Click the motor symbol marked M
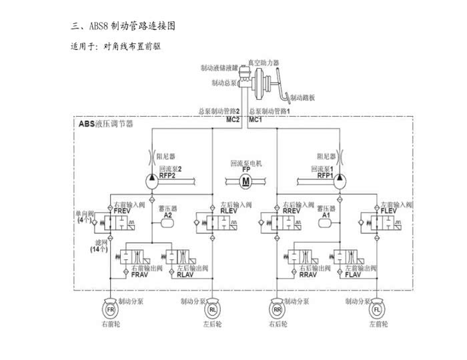pos(246,181)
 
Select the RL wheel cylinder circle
pos(213,309)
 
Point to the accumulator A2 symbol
pos(167,224)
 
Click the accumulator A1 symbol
pos(326,224)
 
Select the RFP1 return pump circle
pos(338,178)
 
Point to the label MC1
pos(255,120)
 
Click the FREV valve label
pos(123,211)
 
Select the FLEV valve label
pos(388,211)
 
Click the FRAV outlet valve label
pos(139,275)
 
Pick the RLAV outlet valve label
pos(184,275)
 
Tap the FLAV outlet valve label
pos(352,275)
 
